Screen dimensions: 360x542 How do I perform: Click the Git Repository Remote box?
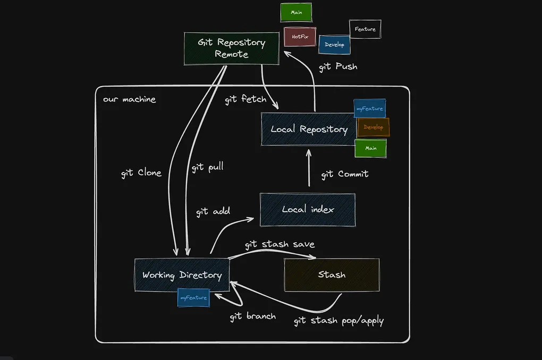click(232, 48)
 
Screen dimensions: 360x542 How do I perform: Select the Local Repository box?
click(308, 129)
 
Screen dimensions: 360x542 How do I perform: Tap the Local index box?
click(308, 210)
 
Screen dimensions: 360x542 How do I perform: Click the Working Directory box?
click(182, 275)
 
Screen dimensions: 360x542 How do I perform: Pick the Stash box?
click(332, 275)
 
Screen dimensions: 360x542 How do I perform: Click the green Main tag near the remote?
click(297, 12)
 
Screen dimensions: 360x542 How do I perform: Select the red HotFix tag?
click(300, 37)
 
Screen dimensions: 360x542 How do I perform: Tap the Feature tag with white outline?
click(365, 29)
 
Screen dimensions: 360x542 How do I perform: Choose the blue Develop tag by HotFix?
click(335, 45)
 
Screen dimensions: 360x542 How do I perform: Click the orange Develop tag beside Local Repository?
click(374, 127)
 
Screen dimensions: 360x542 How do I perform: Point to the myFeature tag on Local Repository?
click(370, 108)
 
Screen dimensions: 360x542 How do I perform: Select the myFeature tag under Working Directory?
click(193, 298)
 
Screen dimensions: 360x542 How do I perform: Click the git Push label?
click(338, 67)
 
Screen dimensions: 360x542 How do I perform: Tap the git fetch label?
click(245, 99)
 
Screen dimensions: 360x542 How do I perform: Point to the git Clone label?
click(141, 173)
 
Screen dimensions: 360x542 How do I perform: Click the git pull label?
click(207, 167)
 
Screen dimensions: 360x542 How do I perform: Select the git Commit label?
click(345, 174)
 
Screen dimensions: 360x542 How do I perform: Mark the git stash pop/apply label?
click(338, 321)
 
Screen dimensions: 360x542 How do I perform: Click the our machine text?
click(130, 99)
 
